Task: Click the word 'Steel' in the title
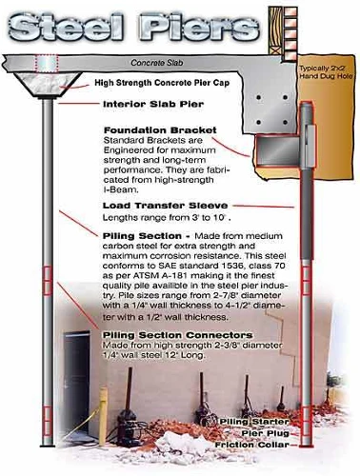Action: tap(65, 28)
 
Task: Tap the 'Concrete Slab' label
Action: tap(157, 63)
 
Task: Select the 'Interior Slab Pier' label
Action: tap(153, 104)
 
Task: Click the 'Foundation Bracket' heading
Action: tap(160, 130)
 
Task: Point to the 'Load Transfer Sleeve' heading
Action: tap(165, 206)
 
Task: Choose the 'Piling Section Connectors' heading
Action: tap(178, 335)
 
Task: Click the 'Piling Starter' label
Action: tap(254, 422)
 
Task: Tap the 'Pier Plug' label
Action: tap(266, 433)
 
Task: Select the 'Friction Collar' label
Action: tap(252, 445)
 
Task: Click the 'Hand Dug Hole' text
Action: tap(326, 76)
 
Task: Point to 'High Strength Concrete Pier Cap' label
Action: tap(162, 83)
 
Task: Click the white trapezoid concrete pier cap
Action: tap(48, 85)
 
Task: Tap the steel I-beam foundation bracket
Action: tap(278, 150)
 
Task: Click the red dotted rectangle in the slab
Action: tap(47, 63)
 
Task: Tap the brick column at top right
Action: tap(290, 33)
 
